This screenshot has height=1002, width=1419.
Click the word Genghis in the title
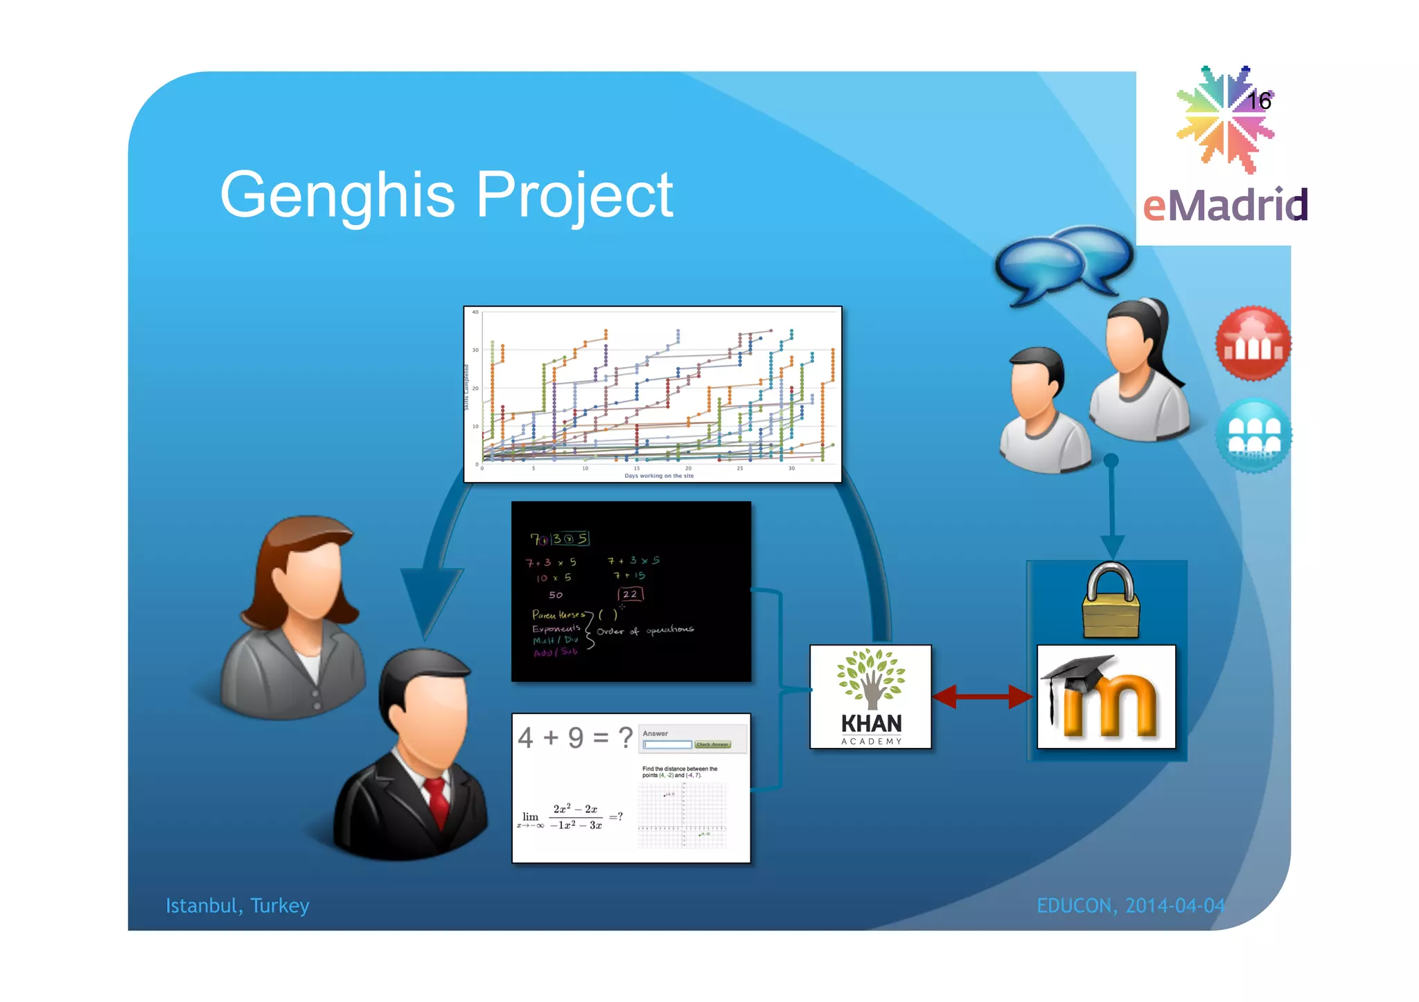[337, 196]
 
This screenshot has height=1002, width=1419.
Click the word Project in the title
[574, 196]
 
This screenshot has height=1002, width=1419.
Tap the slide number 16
[1259, 101]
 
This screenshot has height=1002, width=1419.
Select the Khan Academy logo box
[870, 697]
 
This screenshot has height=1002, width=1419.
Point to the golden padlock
[1111, 601]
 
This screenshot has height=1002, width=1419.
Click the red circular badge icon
[1253, 343]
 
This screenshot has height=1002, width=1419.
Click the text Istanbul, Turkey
[237, 906]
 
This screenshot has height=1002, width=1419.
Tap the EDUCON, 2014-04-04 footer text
[1130, 906]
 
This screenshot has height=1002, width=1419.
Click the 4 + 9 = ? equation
[575, 737]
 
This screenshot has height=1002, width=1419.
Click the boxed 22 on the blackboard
[630, 594]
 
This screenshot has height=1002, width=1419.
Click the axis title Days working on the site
[658, 476]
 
